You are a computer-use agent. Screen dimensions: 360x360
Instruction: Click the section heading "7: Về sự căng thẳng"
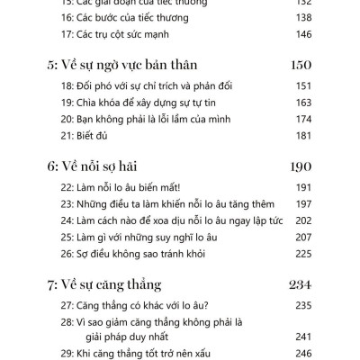[x=110, y=285]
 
